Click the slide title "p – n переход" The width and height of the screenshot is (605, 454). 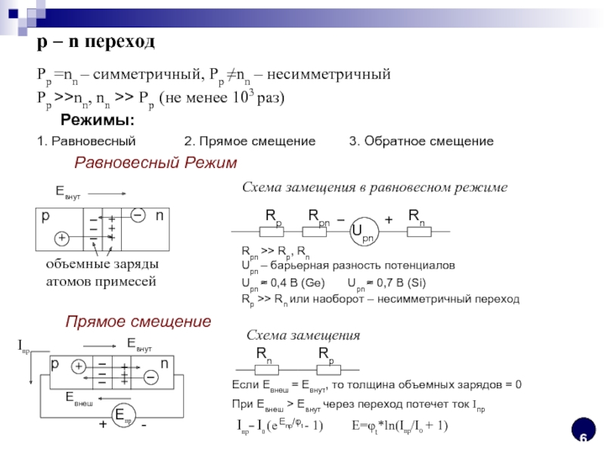click(96, 43)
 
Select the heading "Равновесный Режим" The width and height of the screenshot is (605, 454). click(155, 163)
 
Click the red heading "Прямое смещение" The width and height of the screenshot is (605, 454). click(138, 322)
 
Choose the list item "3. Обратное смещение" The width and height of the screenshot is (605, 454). click(420, 141)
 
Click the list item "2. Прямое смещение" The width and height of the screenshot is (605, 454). click(250, 141)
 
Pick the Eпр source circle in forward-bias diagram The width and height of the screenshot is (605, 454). click(123, 415)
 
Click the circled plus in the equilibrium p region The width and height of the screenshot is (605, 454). click(62, 238)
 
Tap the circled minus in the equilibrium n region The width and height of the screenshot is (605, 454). click(138, 216)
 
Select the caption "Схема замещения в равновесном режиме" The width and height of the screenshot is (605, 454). click(374, 187)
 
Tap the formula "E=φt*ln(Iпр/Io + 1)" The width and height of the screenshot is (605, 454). click(399, 425)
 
